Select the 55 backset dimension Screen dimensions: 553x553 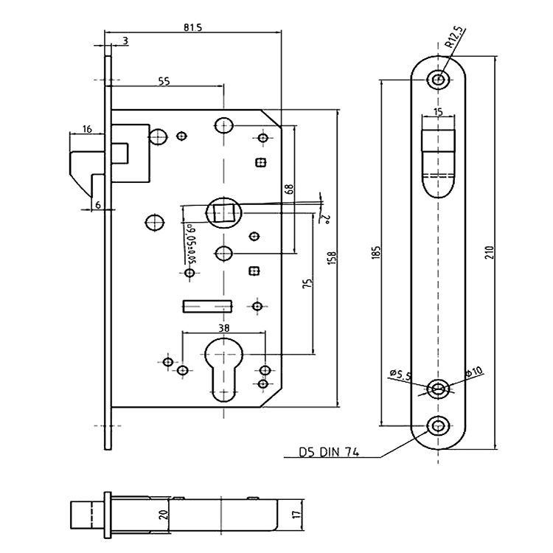click(164, 81)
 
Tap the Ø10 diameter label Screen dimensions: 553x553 click(473, 372)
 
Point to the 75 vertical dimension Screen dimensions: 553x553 click(309, 284)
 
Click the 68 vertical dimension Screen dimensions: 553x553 click(288, 188)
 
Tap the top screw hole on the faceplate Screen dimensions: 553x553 click(439, 80)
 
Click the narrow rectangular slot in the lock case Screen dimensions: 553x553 click(206, 304)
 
